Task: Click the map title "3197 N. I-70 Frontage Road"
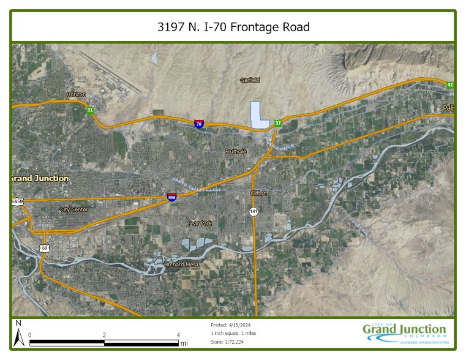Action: [233, 27]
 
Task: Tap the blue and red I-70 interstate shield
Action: [199, 124]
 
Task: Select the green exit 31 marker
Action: [90, 110]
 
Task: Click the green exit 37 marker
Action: [278, 123]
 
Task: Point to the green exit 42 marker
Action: [450, 85]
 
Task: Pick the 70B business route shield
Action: [171, 197]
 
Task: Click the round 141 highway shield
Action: [254, 211]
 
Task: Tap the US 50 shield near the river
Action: [45, 248]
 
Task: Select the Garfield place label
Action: [250, 80]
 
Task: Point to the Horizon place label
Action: [76, 94]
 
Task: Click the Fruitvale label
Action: [235, 151]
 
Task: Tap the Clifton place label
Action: [258, 193]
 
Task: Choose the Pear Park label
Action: [200, 223]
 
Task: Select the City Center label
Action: [73, 209]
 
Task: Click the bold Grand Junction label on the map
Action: [40, 178]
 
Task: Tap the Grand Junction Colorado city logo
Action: [405, 332]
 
